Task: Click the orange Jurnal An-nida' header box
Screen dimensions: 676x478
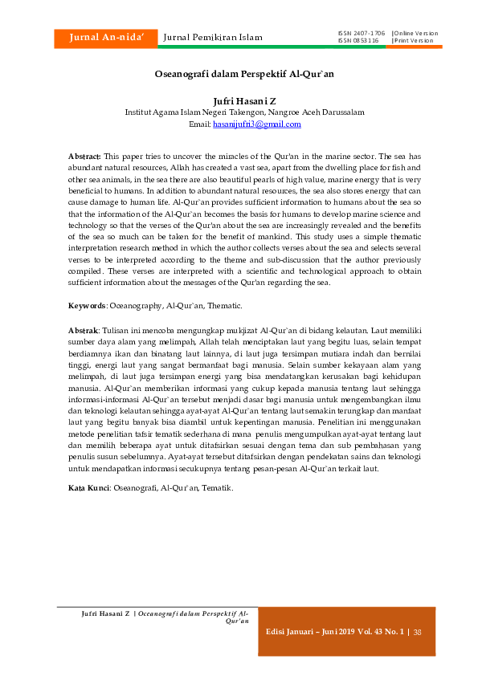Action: click(104, 37)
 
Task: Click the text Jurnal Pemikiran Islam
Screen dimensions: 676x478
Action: click(213, 37)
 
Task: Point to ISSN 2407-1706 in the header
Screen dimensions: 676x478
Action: click(362, 33)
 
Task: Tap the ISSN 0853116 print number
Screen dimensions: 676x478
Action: click(358, 40)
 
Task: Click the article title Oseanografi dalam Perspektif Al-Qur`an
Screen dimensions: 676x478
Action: click(244, 73)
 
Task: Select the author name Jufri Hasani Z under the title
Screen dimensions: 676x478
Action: click(244, 102)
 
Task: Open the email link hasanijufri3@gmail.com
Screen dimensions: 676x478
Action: click(256, 124)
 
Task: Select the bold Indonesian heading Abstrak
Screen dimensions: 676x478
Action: click(83, 330)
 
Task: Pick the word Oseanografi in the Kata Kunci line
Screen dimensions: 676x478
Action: click(137, 487)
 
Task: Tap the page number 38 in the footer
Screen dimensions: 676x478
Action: click(418, 632)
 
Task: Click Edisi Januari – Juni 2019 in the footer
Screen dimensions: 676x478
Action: click(313, 632)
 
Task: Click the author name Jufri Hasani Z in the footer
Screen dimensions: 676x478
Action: click(106, 613)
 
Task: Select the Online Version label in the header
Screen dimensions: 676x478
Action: click(415, 33)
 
